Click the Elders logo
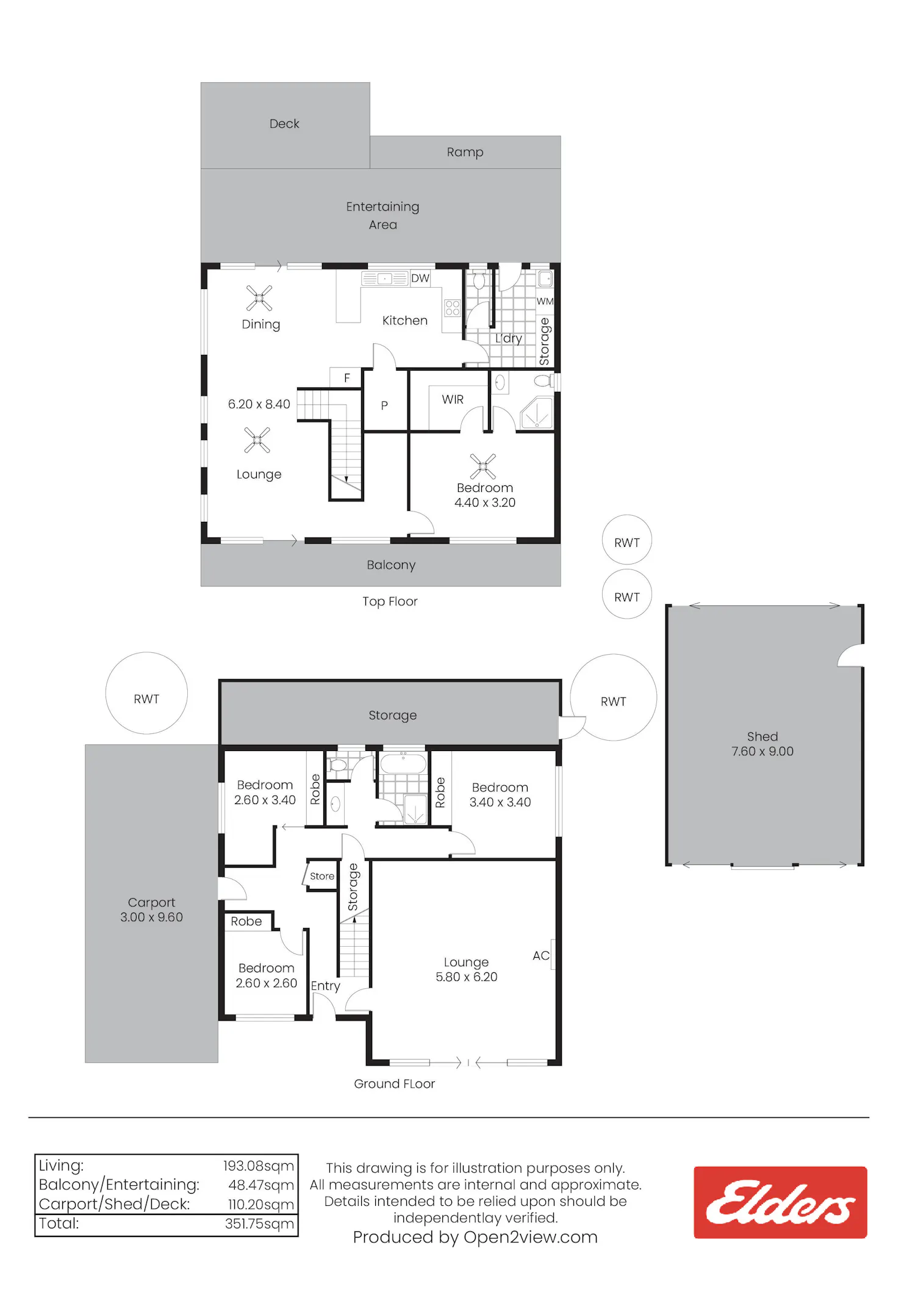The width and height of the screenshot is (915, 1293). point(780,1202)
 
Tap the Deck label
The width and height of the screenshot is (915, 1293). point(284,124)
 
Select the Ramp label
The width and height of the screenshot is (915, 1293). point(465,152)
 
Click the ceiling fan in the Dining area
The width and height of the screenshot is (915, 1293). point(259,298)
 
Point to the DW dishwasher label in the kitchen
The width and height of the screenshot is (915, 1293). point(420,279)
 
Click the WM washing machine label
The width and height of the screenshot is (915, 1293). point(545,301)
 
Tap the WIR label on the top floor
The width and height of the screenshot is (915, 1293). point(453,399)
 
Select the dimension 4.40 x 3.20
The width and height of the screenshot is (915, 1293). point(485,503)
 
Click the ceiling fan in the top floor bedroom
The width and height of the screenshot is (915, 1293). point(483,466)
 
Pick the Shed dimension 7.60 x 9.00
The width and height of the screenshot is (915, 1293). point(762,752)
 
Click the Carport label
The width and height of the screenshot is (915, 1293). point(151,902)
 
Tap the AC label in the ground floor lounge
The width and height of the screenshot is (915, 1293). point(541,955)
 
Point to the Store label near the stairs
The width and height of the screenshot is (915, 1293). point(322,876)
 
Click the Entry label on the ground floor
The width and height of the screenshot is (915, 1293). point(326,986)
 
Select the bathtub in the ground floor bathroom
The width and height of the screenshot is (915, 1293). point(403,763)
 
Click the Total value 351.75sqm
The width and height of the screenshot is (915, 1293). point(259,1224)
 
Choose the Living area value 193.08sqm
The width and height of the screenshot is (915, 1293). point(259,1166)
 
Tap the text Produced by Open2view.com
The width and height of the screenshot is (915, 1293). point(475,1237)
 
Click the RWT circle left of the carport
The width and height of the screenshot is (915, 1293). point(146,693)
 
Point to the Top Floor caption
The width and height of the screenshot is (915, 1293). point(390,602)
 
